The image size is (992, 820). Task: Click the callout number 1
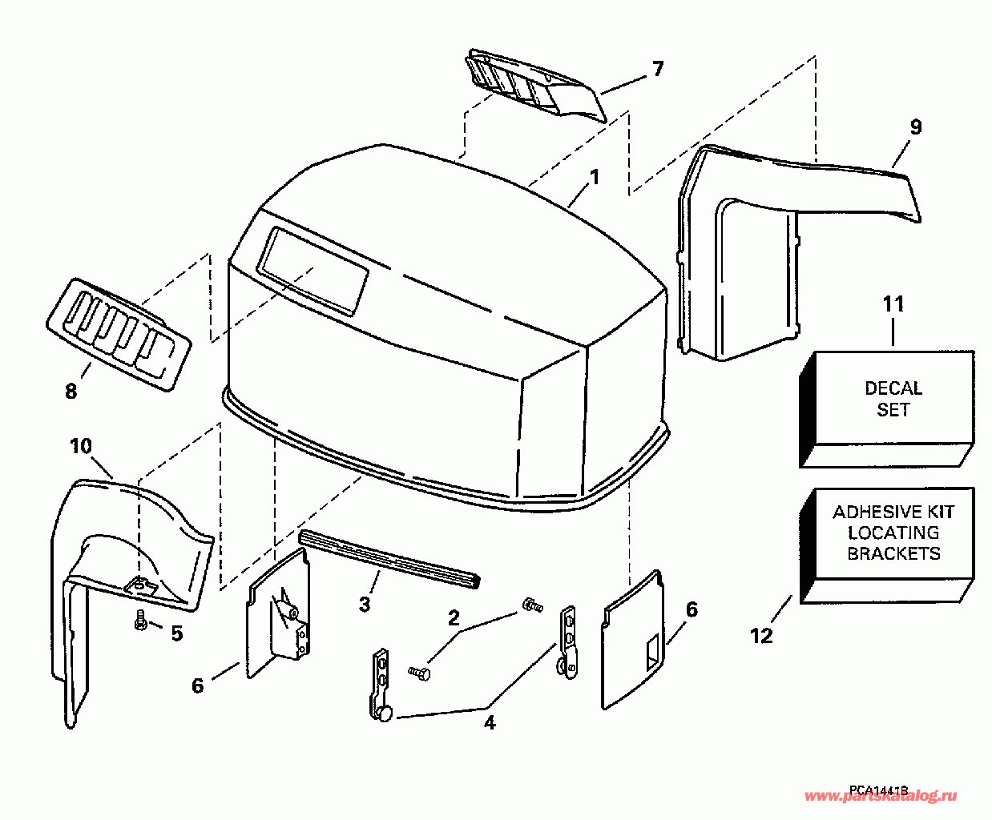coord(594,177)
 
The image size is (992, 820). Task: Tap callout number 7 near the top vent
coord(657,69)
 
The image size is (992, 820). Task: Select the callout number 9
coord(916,127)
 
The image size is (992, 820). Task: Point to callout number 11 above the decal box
coord(893,304)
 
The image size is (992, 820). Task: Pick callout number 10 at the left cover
coord(81,446)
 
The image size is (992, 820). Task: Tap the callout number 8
coord(71,391)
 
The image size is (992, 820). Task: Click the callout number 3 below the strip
coord(365,604)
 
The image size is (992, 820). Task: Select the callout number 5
coord(176,633)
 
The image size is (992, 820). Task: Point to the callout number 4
coord(489,722)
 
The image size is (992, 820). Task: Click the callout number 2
coord(454,617)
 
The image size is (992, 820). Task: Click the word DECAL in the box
coord(893,388)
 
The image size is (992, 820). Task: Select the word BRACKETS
coord(893,553)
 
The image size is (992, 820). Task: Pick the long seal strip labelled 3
coord(389,558)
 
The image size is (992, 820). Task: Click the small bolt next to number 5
coord(141,621)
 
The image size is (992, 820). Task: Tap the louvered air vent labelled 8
coord(119,335)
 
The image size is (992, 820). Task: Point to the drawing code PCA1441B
coord(879,790)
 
